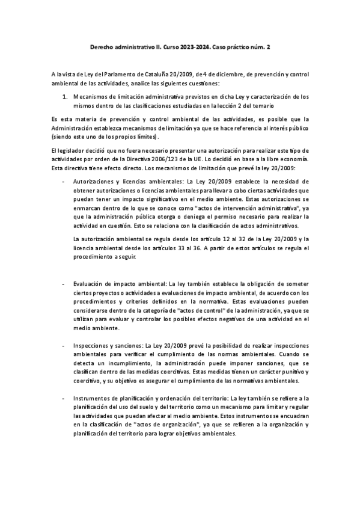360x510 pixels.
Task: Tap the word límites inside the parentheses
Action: coord(144,137)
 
